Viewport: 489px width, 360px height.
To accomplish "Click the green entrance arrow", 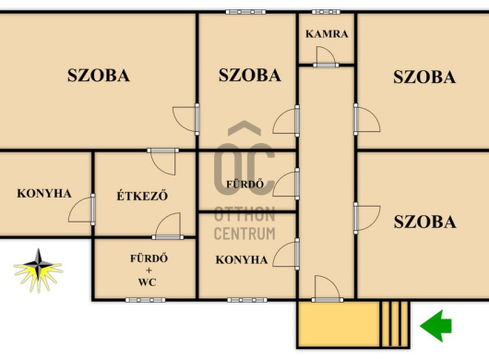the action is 435,326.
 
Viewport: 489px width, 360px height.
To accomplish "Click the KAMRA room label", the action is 327,33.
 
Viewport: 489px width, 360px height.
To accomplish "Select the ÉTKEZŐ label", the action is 142,196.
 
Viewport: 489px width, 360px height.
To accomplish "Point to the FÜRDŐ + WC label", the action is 149,270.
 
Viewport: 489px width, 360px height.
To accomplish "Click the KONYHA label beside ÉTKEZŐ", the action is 44,194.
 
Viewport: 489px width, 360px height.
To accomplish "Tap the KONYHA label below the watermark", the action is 242,260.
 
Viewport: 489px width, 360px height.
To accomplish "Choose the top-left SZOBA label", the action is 99,75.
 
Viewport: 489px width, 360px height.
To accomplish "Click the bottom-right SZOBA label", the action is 425,222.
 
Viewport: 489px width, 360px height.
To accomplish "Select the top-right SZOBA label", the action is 424,77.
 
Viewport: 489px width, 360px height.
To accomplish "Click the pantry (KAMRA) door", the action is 326,57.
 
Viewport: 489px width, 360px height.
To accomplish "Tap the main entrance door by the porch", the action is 328,289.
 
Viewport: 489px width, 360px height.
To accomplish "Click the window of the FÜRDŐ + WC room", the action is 146,300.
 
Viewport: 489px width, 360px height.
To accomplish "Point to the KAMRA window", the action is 326,12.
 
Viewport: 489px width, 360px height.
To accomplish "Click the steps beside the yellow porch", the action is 395,324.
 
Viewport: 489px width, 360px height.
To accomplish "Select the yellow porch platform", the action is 339,324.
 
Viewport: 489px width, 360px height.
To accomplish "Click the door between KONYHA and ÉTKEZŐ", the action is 82,210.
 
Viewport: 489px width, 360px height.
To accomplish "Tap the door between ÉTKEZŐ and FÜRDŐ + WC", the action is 168,226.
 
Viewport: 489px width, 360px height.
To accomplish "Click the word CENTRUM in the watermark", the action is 244,234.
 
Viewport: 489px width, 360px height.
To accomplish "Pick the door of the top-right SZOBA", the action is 367,119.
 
